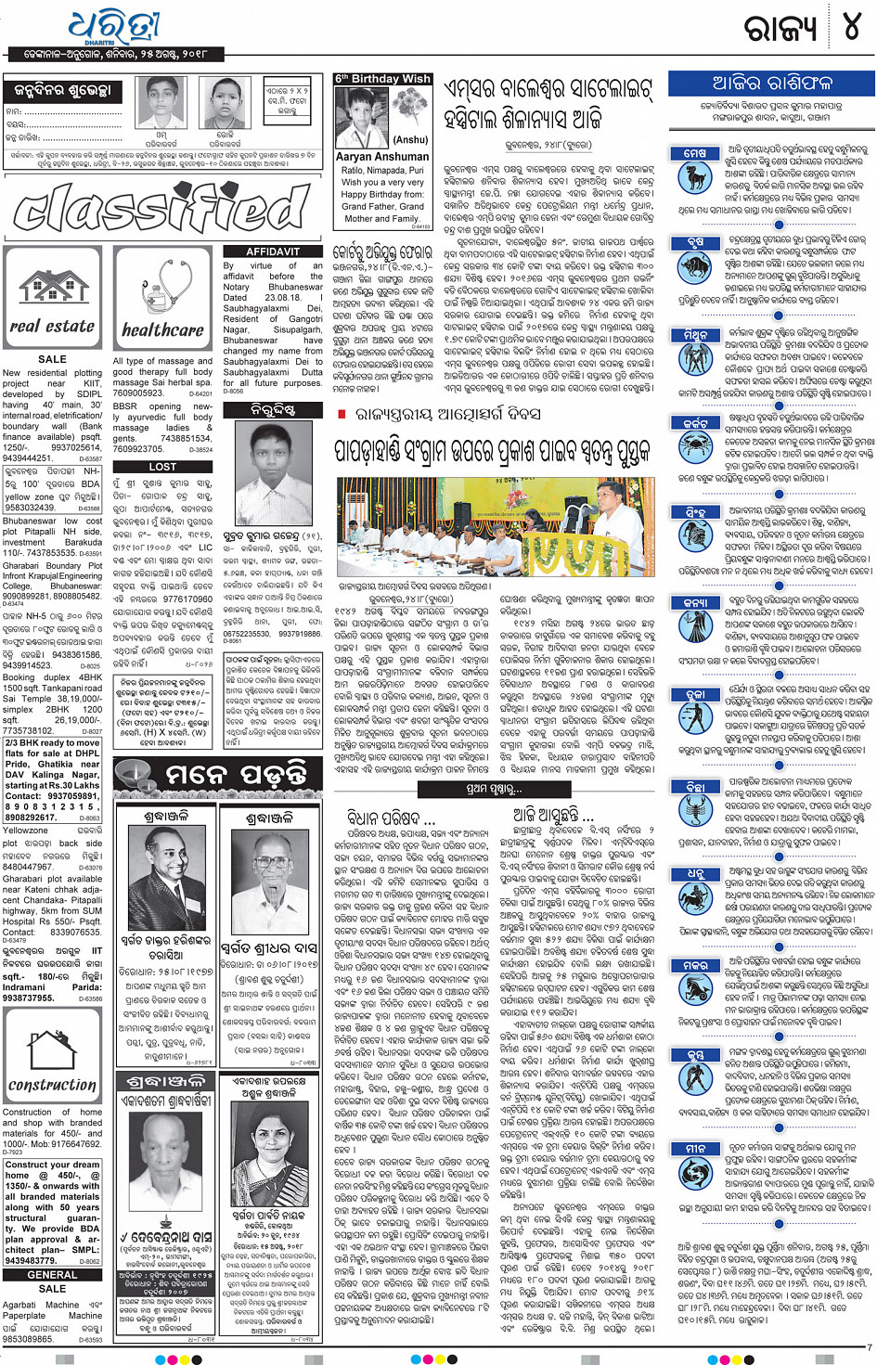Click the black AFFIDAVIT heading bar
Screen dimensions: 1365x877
tap(273, 251)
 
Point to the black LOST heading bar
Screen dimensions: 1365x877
tap(162, 467)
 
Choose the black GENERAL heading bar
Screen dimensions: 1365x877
tap(52, 1275)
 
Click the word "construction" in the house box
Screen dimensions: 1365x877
tap(53, 1084)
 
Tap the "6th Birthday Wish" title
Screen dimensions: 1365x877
tap(382, 79)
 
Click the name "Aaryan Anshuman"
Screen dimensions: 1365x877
tap(382, 157)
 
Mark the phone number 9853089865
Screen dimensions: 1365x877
tap(28, 1339)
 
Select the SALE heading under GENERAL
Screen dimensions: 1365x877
tap(52, 1289)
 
